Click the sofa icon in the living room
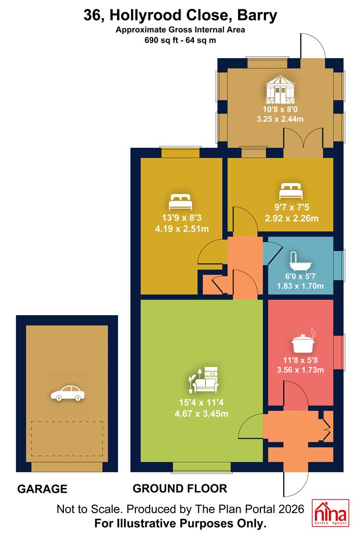click(204, 380)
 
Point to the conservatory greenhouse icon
click(280, 89)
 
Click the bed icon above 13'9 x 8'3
click(180, 201)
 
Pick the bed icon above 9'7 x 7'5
click(291, 191)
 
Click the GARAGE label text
click(42, 489)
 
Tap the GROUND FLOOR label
click(180, 488)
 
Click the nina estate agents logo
click(331, 513)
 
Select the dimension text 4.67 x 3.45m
click(201, 413)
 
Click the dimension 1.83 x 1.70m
click(300, 286)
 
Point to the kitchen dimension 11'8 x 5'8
click(300, 360)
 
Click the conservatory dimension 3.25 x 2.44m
click(280, 119)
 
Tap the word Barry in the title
click(257, 15)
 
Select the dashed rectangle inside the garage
click(67, 439)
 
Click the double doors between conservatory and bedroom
click(303, 142)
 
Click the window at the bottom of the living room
click(201, 467)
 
